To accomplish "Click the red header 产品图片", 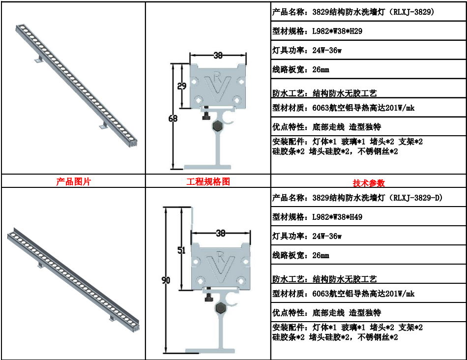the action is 73,181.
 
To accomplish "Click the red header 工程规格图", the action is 208,181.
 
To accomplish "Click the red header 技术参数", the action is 369,182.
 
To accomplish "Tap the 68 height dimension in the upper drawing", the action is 173,119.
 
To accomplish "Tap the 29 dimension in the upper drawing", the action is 182,86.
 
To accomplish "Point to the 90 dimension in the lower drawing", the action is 166,280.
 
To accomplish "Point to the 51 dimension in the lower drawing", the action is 181,250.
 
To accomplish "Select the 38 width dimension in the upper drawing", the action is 218,55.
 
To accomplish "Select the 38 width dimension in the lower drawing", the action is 221,233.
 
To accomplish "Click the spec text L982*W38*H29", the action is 337,31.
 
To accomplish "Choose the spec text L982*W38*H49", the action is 337,217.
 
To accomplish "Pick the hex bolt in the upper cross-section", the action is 218,125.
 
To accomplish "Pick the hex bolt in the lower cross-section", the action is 221,307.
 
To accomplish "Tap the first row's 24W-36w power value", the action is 327,50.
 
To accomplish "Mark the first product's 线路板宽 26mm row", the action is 300,69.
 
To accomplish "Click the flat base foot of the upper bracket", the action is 207,167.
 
